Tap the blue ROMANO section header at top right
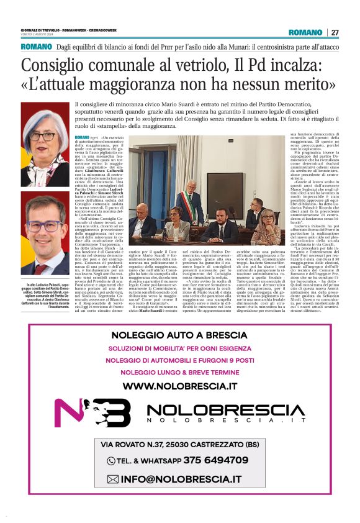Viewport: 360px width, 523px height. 305,32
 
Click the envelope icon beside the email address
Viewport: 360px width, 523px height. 112,479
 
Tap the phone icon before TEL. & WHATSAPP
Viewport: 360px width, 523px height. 112,461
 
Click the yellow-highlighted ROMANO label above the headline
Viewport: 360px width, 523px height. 35,47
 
